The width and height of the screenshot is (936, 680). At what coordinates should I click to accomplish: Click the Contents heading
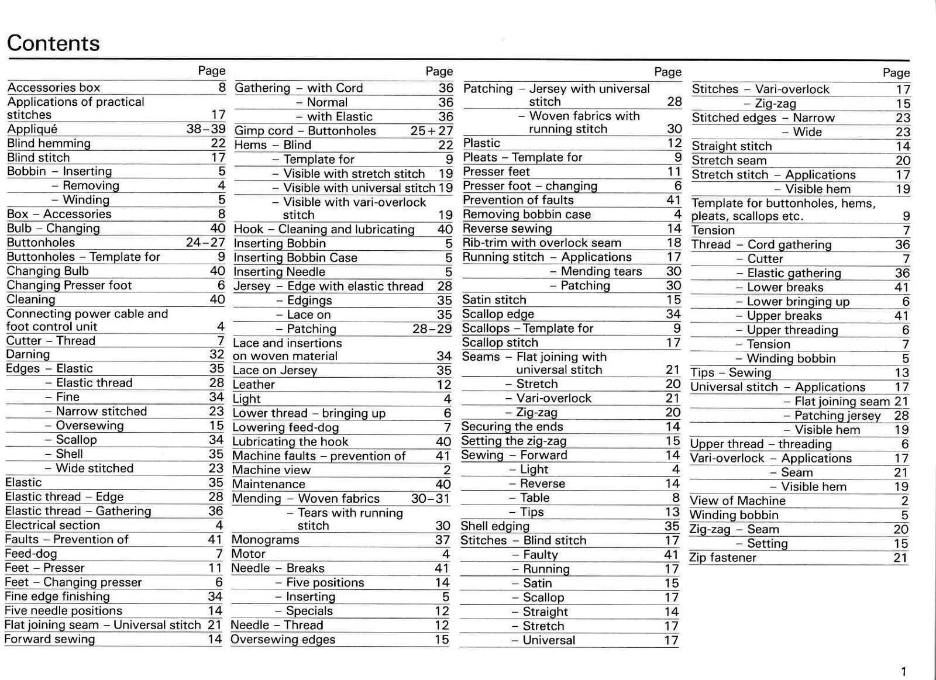click(x=53, y=43)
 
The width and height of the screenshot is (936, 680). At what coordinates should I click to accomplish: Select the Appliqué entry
click(x=32, y=129)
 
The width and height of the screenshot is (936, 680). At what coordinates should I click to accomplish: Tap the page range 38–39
click(x=205, y=129)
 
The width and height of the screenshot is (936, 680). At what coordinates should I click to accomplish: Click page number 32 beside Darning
click(x=216, y=354)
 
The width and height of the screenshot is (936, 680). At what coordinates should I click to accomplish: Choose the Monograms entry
click(x=265, y=540)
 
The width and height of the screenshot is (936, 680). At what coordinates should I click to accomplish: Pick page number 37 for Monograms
click(x=442, y=540)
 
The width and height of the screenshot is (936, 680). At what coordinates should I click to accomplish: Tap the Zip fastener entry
click(x=723, y=558)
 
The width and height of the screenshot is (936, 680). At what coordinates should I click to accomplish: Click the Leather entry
click(x=253, y=385)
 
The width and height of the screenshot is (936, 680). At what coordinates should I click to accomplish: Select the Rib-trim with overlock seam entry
click(x=542, y=243)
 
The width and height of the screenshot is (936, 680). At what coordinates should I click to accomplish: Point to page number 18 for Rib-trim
click(x=674, y=243)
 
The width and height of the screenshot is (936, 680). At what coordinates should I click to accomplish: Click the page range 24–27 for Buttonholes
click(x=205, y=243)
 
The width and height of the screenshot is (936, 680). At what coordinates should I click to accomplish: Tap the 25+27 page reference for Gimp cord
click(x=432, y=131)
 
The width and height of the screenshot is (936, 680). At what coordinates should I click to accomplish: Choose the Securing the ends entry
click(x=512, y=427)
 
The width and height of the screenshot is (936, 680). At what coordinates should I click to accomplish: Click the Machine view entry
click(x=271, y=470)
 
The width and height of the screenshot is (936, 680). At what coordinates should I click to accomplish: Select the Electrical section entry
click(x=52, y=525)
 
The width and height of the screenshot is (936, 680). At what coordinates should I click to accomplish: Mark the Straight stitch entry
click(x=732, y=146)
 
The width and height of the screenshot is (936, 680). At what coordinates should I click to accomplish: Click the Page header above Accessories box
click(x=211, y=71)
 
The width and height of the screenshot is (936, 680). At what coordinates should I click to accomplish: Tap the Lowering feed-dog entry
click(x=285, y=427)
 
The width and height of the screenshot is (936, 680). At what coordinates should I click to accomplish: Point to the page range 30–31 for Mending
click(x=431, y=499)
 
